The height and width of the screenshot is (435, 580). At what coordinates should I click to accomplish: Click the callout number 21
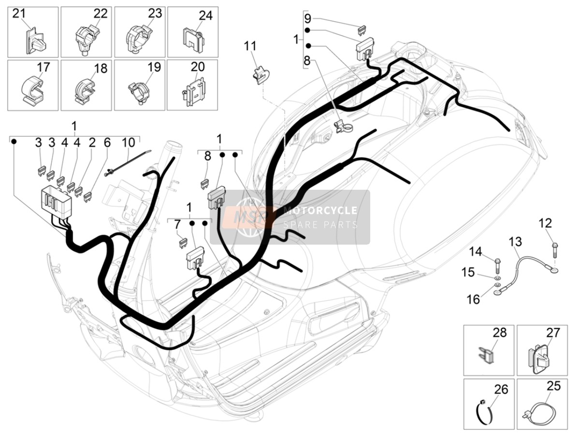coord(19,14)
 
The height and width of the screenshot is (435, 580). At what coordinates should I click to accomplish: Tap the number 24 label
coord(205,15)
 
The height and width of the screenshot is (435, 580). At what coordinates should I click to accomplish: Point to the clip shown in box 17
coord(33,89)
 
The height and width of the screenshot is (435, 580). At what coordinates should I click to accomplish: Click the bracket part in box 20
coord(194,92)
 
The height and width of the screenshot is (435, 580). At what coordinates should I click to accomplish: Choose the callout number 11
coord(250,46)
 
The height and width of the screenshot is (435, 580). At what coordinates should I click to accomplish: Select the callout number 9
coord(307,18)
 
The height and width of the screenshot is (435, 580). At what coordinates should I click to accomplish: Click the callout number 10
coord(128,142)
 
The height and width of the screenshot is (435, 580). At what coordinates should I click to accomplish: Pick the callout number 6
coord(107,142)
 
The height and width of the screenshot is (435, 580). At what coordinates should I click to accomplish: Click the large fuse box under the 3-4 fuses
coord(56,199)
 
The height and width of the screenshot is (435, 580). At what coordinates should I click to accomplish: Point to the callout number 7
coord(177,225)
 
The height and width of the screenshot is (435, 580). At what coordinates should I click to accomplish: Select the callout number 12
coord(545,224)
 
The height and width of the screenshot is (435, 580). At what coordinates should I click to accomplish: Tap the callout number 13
coord(515,242)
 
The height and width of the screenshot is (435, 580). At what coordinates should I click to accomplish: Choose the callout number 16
coord(473,299)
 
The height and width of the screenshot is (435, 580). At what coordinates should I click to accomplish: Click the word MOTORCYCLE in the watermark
coord(320,210)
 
